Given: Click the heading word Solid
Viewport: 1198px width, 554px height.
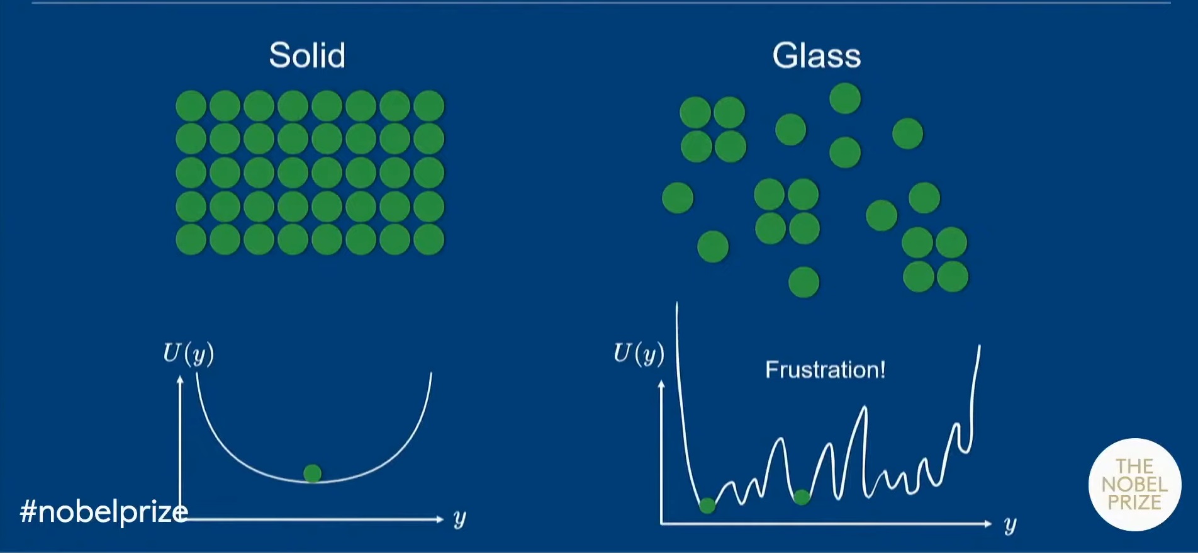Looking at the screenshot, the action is pyautogui.click(x=307, y=55).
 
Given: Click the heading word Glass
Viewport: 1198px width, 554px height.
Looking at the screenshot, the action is pyautogui.click(x=816, y=55).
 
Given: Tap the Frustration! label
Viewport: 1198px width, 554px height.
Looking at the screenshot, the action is pyautogui.click(x=825, y=370).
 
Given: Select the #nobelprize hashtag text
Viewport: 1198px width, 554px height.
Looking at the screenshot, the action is pyautogui.click(x=104, y=512).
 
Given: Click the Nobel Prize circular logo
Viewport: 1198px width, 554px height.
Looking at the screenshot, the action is pyautogui.click(x=1134, y=484).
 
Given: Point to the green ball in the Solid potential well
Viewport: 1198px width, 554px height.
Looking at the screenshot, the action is pyautogui.click(x=312, y=473).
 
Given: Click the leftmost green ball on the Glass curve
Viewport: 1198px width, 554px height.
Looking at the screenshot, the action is pyautogui.click(x=707, y=505).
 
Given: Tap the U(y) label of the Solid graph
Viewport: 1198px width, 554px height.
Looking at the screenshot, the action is pyautogui.click(x=188, y=353).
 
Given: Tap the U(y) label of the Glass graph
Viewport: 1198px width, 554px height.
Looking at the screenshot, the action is pyautogui.click(x=639, y=353).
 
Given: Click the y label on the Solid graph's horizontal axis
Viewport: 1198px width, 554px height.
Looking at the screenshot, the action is pyautogui.click(x=459, y=519).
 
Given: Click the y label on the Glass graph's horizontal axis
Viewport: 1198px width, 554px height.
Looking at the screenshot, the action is pyautogui.click(x=1010, y=525).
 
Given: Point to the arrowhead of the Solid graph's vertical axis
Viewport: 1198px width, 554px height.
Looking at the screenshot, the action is pyautogui.click(x=181, y=379).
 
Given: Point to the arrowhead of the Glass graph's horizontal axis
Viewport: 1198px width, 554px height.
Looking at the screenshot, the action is pyautogui.click(x=988, y=523).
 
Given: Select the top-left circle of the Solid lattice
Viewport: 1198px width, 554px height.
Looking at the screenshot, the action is pyautogui.click(x=191, y=106).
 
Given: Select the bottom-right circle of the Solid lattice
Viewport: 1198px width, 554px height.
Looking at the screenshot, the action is pyautogui.click(x=429, y=240).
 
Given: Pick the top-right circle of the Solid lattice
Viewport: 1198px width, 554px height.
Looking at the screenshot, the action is pyautogui.click(x=429, y=106).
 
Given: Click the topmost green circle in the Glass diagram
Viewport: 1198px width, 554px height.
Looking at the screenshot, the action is pyautogui.click(x=845, y=98).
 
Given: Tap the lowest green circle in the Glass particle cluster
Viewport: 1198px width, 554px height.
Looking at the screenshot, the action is pyautogui.click(x=803, y=281).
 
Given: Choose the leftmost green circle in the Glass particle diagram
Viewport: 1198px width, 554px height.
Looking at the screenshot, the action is pyautogui.click(x=678, y=198).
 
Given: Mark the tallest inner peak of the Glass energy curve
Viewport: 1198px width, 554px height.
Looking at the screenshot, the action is pyautogui.click(x=864, y=408).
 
